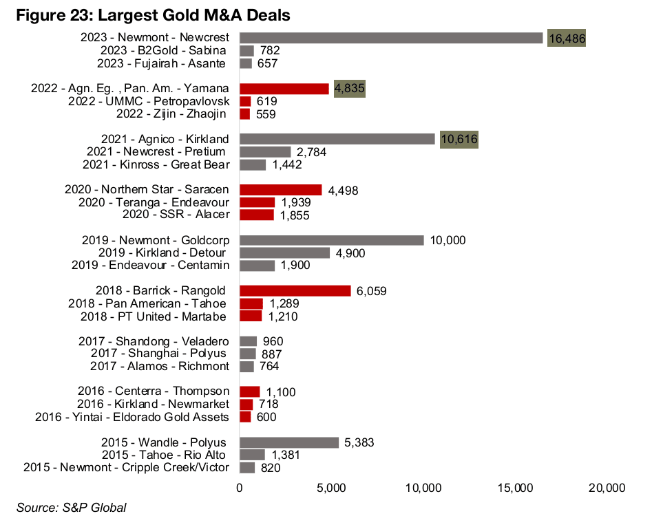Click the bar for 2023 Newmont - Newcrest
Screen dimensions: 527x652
pyautogui.click(x=391, y=38)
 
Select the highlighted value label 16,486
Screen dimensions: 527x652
pyautogui.click(x=567, y=39)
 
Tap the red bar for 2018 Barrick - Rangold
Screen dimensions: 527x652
pyautogui.click(x=295, y=291)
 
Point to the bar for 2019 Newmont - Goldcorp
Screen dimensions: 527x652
pyautogui.click(x=331, y=240)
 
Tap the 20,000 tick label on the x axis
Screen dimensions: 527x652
pyautogui.click(x=607, y=488)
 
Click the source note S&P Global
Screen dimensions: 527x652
pyautogui.click(x=72, y=508)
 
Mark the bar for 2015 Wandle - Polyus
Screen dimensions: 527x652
pyautogui.click(x=289, y=442)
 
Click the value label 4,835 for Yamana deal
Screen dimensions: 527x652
pyautogui.click(x=349, y=89)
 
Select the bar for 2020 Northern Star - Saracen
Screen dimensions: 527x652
pyautogui.click(x=281, y=190)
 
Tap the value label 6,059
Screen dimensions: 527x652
pyautogui.click(x=372, y=291)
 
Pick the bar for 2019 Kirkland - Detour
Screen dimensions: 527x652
pyautogui.click(x=284, y=252)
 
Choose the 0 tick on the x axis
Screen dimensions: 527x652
pyautogui.click(x=240, y=488)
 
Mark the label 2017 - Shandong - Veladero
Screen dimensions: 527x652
pyautogui.click(x=162, y=341)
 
